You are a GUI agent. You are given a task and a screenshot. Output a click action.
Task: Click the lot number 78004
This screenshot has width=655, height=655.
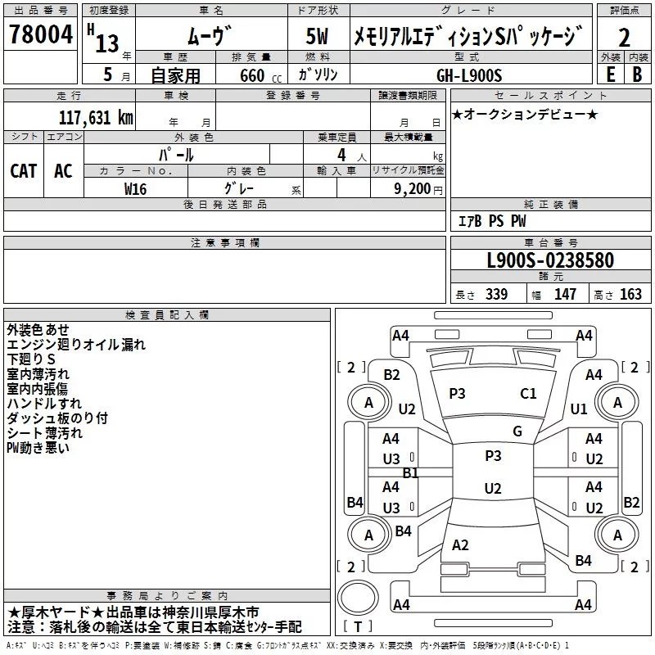pos(40,36)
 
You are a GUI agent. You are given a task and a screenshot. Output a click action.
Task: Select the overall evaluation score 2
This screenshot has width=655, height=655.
pos(624,37)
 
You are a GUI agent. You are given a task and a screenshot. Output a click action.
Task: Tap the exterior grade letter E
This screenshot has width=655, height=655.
pos(610,73)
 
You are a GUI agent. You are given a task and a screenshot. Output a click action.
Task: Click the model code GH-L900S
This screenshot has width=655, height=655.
pos(479,74)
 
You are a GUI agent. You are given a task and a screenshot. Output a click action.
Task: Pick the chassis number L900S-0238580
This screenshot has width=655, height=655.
pos(550,261)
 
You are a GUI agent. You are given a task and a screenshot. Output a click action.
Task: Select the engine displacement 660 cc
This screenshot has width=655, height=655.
pos(252,75)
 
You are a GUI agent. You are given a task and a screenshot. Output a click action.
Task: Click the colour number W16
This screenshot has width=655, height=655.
pos(136,187)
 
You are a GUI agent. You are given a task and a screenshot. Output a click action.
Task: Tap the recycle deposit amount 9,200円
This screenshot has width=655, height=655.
pos(418,187)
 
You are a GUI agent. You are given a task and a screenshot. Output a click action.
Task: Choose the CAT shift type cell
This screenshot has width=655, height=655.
pos(24,170)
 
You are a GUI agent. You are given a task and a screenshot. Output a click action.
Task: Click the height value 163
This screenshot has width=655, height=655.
pos(630,295)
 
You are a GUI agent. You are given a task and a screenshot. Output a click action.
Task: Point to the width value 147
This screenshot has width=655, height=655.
pos(565,295)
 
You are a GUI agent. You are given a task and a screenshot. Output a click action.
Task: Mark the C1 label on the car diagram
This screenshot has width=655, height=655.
pos(528,394)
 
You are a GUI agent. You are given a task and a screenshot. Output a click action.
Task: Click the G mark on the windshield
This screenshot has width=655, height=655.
pos(517,431)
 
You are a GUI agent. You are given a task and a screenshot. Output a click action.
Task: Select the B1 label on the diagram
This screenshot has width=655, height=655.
pos(410,472)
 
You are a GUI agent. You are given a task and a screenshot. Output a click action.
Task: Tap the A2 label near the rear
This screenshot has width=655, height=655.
pos(460,544)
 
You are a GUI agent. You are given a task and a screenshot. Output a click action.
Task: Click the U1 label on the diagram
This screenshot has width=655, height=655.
pos(579,409)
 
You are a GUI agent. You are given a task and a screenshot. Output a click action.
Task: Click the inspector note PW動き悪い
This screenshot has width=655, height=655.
pos(38,448)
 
